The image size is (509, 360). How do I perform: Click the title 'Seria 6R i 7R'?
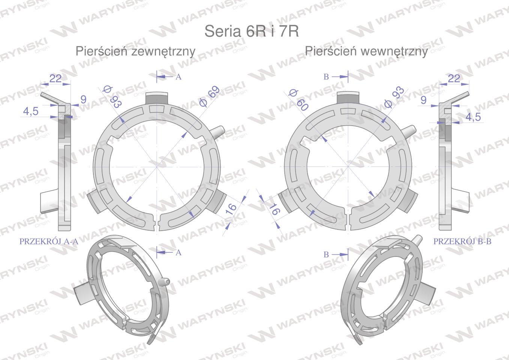pos(252,31)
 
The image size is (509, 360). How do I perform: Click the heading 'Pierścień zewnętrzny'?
pos(135,51)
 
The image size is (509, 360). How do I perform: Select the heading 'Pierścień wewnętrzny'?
pos(366,51)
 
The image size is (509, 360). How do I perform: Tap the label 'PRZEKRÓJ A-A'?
pos(49,241)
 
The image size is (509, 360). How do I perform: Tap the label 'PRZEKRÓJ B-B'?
pos(462,241)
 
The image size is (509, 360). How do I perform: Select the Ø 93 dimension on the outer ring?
pos(112,96)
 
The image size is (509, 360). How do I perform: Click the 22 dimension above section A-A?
pos(56,79)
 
